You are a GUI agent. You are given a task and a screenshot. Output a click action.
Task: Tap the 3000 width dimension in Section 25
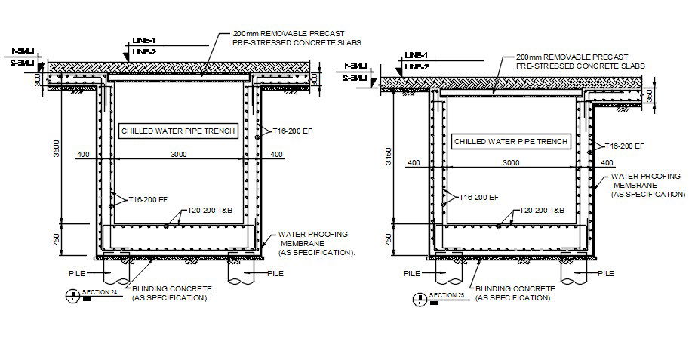(x=511, y=162)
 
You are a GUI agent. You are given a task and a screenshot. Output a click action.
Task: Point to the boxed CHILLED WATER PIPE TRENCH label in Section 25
(x=511, y=141)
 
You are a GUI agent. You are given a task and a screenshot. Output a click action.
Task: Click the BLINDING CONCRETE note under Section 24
(x=172, y=293)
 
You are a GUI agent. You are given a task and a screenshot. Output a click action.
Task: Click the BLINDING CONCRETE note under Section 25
(x=514, y=293)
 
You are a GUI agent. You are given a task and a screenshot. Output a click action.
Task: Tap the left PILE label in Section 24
(x=75, y=273)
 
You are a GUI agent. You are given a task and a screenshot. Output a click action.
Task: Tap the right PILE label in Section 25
(x=608, y=275)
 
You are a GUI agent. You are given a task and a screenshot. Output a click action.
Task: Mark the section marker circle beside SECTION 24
(x=72, y=296)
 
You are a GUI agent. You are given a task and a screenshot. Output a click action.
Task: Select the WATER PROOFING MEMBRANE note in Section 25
(x=645, y=185)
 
